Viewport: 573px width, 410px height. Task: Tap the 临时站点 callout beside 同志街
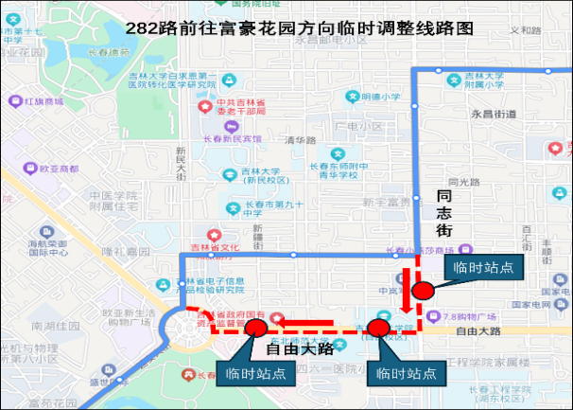click(x=483, y=268)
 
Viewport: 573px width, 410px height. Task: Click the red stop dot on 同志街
click(x=421, y=292)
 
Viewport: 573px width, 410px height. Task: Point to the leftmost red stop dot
click(x=253, y=329)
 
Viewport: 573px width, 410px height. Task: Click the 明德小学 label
click(x=379, y=97)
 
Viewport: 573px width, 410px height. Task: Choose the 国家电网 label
click(x=545, y=305)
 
